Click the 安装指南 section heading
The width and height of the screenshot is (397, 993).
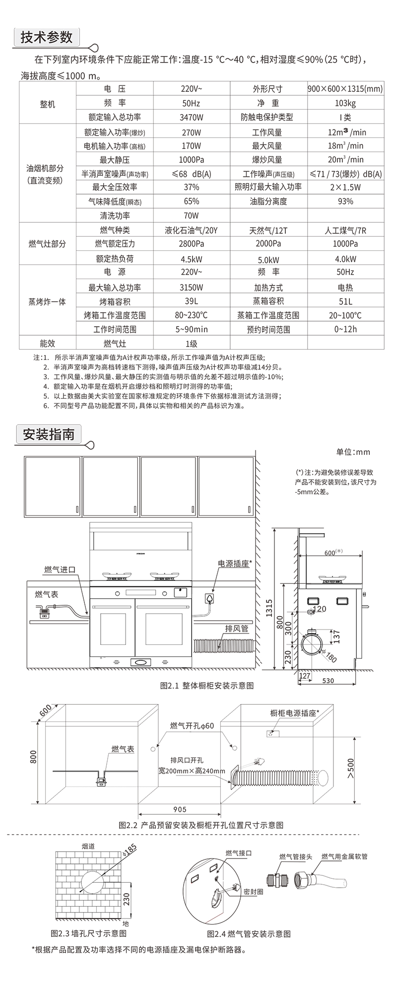click(x=48, y=434)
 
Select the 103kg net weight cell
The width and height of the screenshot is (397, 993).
click(x=345, y=103)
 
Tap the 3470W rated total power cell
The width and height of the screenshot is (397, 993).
click(x=191, y=117)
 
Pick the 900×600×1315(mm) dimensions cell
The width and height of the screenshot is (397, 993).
click(x=345, y=89)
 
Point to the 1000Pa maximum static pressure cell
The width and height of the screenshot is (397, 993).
click(x=191, y=159)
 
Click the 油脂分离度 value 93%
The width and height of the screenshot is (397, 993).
click(x=345, y=201)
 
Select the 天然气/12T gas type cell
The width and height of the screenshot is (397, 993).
click(x=268, y=230)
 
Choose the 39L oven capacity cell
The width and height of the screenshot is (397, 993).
click(x=191, y=301)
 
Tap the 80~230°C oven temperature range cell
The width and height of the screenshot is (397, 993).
click(x=191, y=315)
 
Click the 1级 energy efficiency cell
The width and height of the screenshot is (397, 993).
click(x=191, y=344)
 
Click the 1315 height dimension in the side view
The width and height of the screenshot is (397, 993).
click(x=269, y=608)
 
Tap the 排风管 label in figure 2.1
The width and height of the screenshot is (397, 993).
click(x=236, y=629)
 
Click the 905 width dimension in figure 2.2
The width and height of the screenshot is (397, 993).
click(x=180, y=809)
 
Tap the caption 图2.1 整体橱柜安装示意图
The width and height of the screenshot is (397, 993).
click(x=207, y=685)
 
